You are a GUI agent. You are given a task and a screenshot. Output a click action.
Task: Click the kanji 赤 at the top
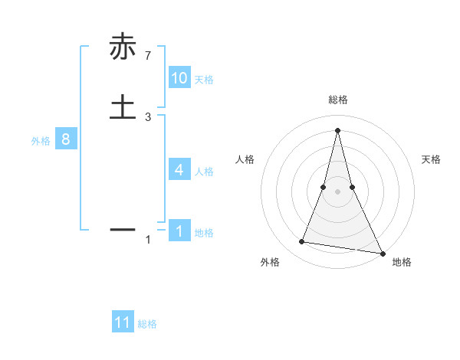(x=122, y=47)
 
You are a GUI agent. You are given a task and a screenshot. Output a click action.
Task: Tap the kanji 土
(x=122, y=106)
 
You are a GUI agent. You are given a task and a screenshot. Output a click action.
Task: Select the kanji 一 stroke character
(x=122, y=228)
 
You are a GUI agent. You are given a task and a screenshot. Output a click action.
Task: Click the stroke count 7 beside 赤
(x=148, y=55)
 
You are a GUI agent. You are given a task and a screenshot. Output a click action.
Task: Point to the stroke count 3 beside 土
(x=148, y=116)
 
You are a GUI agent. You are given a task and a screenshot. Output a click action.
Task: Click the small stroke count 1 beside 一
(x=148, y=240)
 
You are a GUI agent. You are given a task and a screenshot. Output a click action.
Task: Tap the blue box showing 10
(x=179, y=78)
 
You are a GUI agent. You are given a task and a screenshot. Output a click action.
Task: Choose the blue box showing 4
(x=179, y=169)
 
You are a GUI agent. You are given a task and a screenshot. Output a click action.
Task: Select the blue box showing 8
(x=66, y=139)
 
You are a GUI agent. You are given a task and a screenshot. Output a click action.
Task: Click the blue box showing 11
(x=123, y=322)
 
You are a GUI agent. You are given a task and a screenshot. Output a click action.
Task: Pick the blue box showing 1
(x=179, y=231)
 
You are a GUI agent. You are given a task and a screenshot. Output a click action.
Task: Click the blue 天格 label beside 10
(x=204, y=80)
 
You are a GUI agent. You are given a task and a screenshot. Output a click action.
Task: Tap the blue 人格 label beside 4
(x=204, y=171)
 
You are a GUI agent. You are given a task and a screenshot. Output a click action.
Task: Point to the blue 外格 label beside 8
(x=41, y=141)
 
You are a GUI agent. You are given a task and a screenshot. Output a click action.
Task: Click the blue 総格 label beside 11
(x=147, y=324)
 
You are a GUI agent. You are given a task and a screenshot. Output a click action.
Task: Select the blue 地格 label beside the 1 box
(x=204, y=233)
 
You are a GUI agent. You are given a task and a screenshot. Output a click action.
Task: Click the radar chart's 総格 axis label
(x=338, y=100)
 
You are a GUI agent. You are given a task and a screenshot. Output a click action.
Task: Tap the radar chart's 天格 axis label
(x=432, y=159)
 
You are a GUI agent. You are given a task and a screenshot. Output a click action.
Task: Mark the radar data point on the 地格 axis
(x=382, y=253)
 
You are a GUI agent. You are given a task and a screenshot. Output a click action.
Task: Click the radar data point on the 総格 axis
(x=338, y=129)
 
